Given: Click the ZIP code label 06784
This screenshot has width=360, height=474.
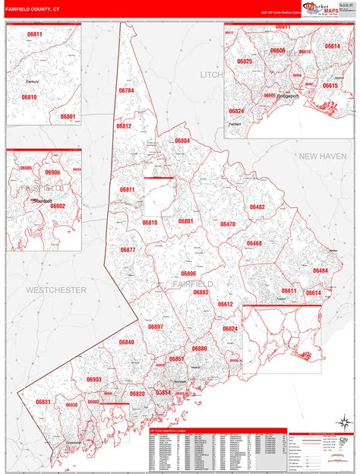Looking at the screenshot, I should click(126, 112).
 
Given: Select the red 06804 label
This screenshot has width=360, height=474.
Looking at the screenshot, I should click(182, 141).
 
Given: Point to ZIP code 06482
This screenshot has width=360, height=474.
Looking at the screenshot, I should click(257, 207).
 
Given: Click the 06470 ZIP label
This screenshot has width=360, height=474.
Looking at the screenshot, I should click(228, 224).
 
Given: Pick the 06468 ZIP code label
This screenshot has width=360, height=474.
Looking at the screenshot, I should click(254, 243).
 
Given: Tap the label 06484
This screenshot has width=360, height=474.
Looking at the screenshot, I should click(320, 270).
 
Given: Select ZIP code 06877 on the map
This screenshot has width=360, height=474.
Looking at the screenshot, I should click(128, 250).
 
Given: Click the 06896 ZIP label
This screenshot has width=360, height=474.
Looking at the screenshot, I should click(188, 273).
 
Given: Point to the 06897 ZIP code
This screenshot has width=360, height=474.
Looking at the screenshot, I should click(156, 326).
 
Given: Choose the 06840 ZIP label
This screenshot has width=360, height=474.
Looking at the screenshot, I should click(126, 342).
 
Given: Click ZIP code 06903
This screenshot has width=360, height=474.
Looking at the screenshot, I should click(93, 379).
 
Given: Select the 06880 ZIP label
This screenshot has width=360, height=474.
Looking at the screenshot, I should click(199, 348).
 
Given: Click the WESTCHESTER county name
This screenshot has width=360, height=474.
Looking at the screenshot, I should click(55, 290).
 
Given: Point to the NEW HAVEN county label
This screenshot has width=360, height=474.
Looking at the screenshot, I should click(322, 156).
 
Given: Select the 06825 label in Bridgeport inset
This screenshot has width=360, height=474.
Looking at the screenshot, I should click(244, 61).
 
